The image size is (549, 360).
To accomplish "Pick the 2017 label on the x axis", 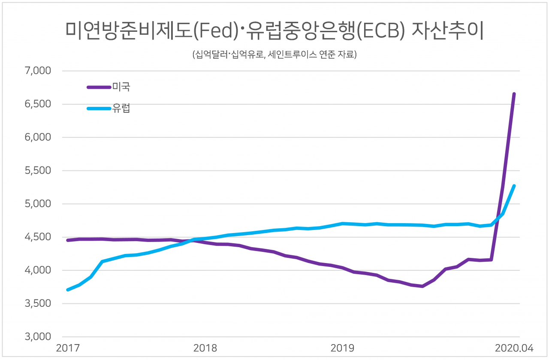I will pyautogui.click(x=67, y=348).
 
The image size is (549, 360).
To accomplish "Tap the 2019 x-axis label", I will pyautogui.click(x=342, y=348).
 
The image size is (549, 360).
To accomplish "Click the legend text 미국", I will pyautogui.click(x=121, y=87).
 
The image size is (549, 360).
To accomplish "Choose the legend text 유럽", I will pyautogui.click(x=121, y=109).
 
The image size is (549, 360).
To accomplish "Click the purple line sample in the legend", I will pyautogui.click(x=99, y=87).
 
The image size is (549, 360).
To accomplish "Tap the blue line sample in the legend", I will pyautogui.click(x=99, y=109).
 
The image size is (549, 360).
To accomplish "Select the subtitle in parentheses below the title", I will pyautogui.click(x=274, y=55).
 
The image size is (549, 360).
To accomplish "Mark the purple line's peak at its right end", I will pyautogui.click(x=514, y=94).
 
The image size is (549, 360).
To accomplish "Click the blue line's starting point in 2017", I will pyautogui.click(x=68, y=290).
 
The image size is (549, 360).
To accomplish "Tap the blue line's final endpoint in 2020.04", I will pyautogui.click(x=514, y=186).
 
